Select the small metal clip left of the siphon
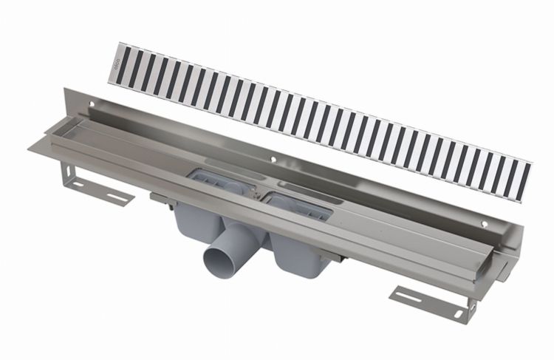160,198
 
